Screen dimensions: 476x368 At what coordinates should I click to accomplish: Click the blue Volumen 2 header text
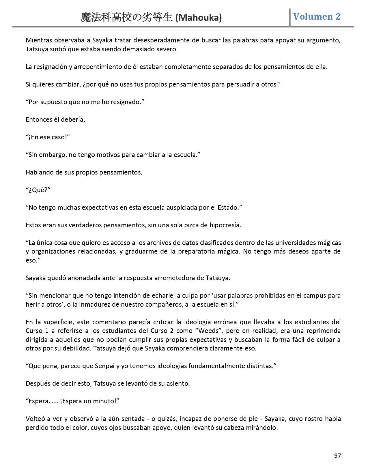(317, 16)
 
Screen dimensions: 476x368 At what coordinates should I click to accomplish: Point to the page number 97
(337, 456)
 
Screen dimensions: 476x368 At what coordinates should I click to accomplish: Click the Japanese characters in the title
(127, 18)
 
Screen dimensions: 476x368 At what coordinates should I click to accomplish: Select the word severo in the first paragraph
(167, 49)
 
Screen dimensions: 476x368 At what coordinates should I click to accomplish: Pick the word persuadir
(235, 85)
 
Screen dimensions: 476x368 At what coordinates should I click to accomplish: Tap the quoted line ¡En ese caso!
(48, 137)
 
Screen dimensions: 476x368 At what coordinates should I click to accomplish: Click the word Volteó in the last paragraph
(35, 419)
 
